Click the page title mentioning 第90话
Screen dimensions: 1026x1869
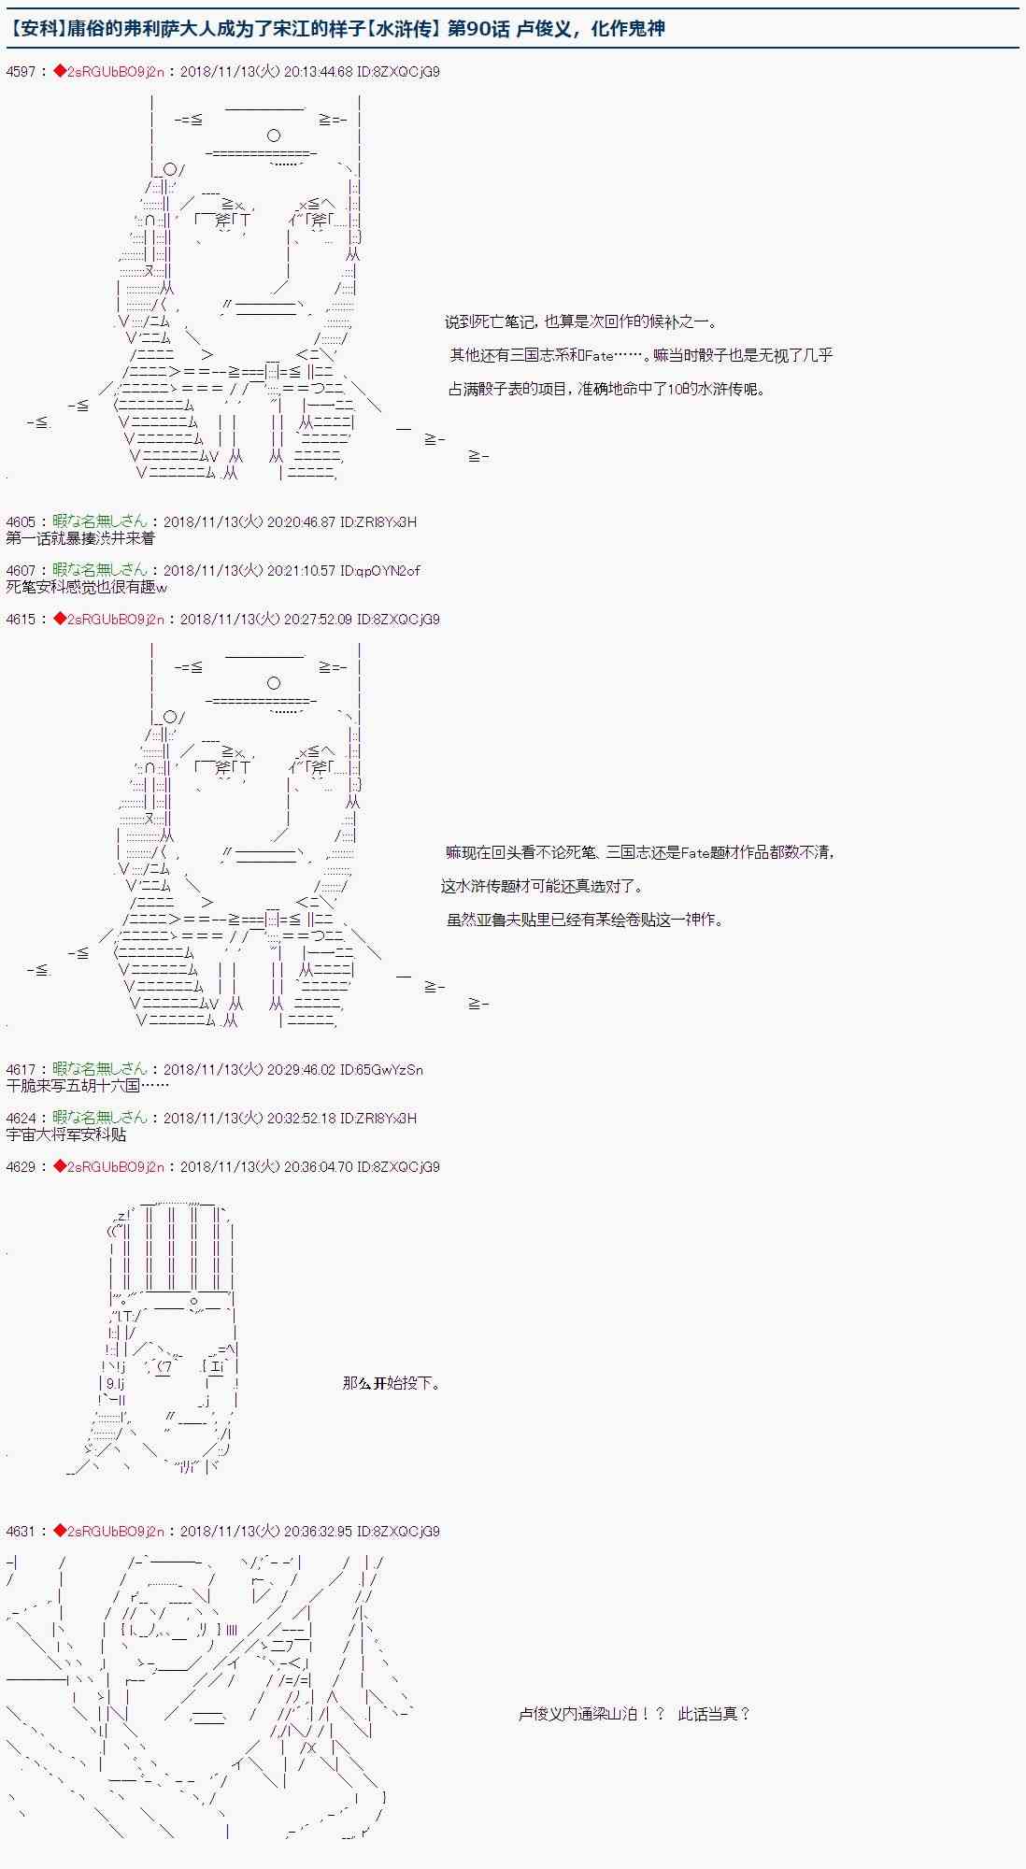(x=336, y=28)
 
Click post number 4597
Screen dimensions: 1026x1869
(x=21, y=71)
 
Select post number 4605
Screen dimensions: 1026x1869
(x=21, y=521)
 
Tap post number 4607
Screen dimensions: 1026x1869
(x=21, y=570)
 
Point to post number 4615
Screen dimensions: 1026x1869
(x=21, y=619)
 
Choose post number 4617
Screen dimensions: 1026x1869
(x=21, y=1069)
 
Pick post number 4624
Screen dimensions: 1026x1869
(x=21, y=1118)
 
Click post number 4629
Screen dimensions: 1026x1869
(x=21, y=1166)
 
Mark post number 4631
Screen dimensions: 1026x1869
(x=21, y=1531)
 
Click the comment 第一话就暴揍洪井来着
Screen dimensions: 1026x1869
(x=80, y=538)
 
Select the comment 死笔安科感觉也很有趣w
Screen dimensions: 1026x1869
(x=86, y=587)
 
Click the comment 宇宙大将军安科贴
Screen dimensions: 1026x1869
(x=65, y=1134)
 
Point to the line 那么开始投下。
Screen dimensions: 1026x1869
(x=392, y=1383)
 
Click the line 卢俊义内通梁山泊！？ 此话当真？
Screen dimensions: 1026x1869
(x=634, y=1714)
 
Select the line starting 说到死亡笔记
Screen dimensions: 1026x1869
(x=580, y=322)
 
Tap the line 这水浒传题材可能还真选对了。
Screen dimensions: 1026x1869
(x=542, y=886)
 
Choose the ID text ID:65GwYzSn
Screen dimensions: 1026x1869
(x=381, y=1069)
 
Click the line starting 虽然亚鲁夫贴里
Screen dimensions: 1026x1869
(x=585, y=920)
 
